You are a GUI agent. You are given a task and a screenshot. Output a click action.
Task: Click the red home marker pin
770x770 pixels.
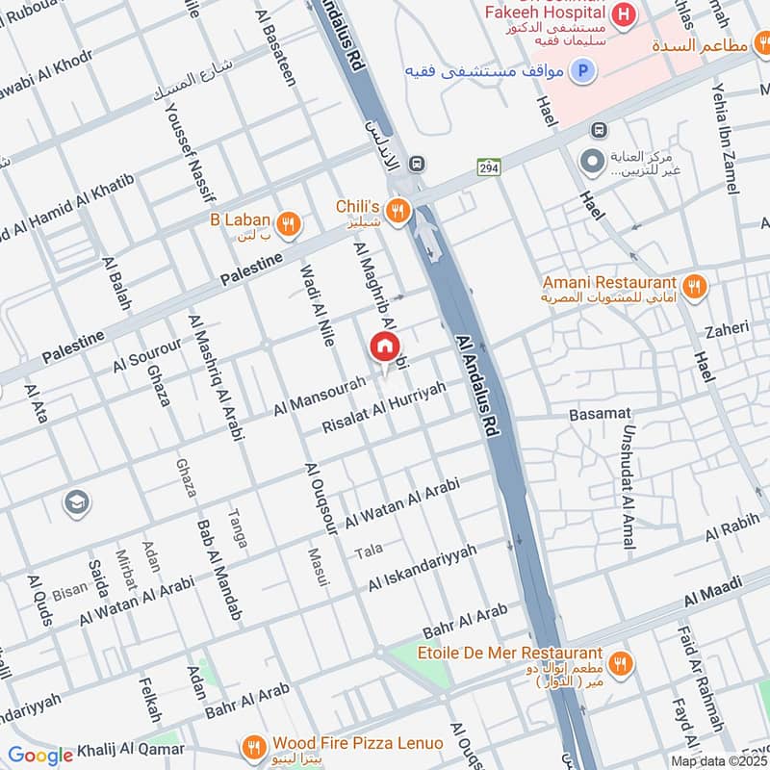pyautogui.click(x=384, y=347)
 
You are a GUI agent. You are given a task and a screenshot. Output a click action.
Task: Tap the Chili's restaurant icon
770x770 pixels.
pyautogui.click(x=396, y=211)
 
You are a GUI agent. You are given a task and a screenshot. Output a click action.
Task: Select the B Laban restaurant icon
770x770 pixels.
pyautogui.click(x=287, y=224)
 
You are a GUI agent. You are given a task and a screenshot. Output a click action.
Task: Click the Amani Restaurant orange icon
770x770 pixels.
pyautogui.click(x=694, y=286)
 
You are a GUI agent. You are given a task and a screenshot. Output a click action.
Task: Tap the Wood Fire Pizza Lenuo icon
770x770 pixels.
pyautogui.click(x=254, y=747)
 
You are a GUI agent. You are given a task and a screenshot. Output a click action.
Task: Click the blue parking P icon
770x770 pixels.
pyautogui.click(x=581, y=70)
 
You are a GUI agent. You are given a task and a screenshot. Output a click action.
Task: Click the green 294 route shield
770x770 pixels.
pyautogui.click(x=488, y=167)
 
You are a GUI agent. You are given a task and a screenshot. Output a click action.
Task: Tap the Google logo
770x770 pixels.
pyautogui.click(x=40, y=756)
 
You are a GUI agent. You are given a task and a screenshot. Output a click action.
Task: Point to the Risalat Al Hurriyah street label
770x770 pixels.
pyautogui.click(x=385, y=407)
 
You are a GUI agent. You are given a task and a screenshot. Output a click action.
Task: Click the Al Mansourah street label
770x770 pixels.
pyautogui.click(x=319, y=396)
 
